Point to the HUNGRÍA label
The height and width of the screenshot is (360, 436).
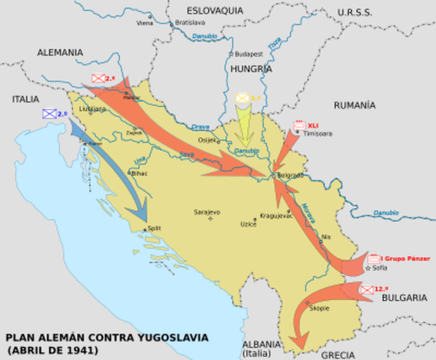tap(251, 68)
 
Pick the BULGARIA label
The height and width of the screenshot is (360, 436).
tap(404, 298)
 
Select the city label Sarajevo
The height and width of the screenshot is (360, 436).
tap(207, 212)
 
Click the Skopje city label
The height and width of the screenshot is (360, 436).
tap(319, 308)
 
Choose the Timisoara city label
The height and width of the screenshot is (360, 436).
tap(317, 133)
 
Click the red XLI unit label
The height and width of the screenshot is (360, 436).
tap(313, 125)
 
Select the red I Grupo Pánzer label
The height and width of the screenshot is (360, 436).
tap(409, 258)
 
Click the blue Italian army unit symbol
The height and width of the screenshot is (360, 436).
tap(49, 114)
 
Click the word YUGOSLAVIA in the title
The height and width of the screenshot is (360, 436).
tap(169, 337)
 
